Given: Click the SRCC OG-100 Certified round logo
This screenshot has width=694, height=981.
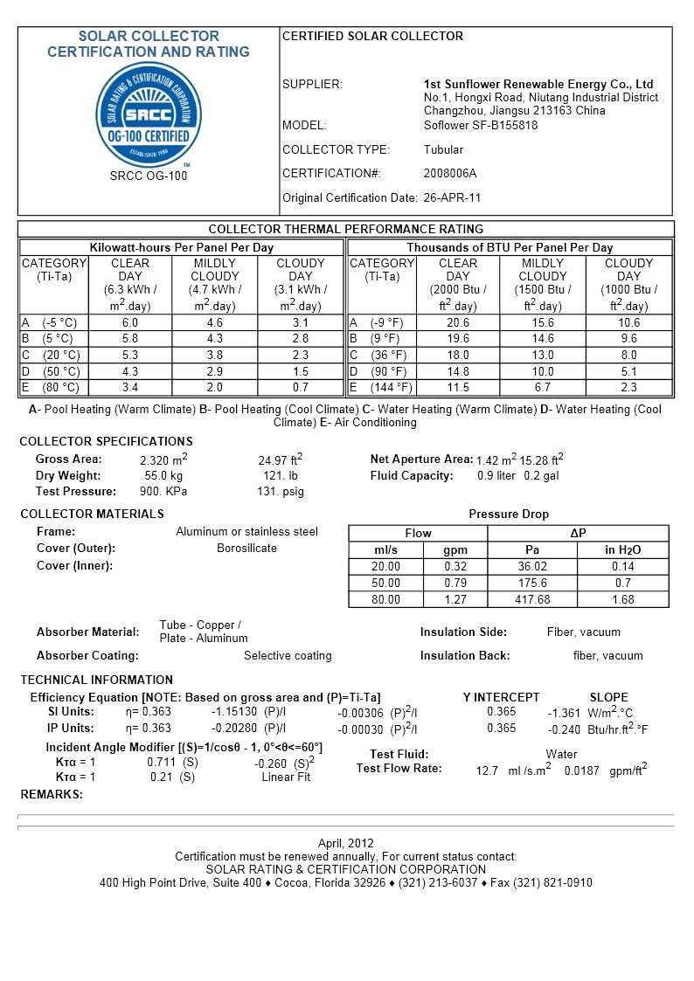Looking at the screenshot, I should [x=148, y=114].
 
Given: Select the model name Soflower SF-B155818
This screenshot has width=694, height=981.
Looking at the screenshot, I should [x=481, y=125].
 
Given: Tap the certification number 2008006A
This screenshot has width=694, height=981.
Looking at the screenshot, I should [x=450, y=173].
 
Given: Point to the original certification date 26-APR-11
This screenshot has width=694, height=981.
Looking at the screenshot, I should [x=452, y=197].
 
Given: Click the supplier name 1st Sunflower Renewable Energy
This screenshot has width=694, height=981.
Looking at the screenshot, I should [x=538, y=84].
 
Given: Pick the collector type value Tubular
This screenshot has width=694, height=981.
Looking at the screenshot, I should [x=444, y=149].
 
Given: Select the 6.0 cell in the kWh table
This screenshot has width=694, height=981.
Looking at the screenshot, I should [x=130, y=322].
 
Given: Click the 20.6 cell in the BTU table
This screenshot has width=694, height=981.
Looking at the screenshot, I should [x=458, y=322].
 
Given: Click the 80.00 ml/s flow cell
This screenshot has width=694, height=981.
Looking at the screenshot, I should [x=385, y=599].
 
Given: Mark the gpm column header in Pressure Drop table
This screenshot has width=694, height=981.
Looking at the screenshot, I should [x=455, y=549].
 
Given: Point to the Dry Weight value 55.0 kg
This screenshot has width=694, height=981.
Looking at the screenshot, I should [x=163, y=475].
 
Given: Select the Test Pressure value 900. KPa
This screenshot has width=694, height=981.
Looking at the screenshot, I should [x=163, y=491].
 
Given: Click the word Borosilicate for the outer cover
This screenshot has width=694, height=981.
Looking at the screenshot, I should [x=246, y=548].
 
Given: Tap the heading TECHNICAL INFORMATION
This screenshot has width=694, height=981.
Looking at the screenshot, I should [x=97, y=680].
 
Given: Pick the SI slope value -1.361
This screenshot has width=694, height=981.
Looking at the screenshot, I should [x=565, y=713].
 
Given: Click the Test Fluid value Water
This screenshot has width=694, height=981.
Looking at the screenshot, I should [x=561, y=754].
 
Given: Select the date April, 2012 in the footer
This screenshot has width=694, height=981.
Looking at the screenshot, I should [x=346, y=843].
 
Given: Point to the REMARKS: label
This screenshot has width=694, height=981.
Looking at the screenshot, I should [x=52, y=794].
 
